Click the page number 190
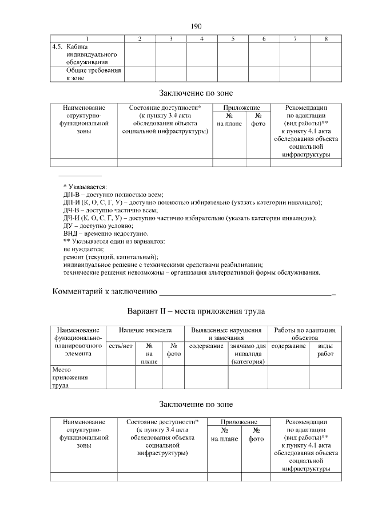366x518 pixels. (x=196, y=26)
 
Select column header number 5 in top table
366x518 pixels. (x=233, y=39)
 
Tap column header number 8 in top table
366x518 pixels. (x=325, y=39)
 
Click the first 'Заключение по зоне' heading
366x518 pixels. (x=196, y=93)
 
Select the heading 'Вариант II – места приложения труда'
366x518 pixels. (x=196, y=312)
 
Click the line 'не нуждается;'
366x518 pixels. (x=83, y=249)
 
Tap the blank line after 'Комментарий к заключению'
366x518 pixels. (x=246, y=292)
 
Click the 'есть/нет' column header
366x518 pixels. (x=121, y=346)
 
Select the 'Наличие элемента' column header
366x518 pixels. (x=145, y=331)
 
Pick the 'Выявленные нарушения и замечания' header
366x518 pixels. (x=226, y=334)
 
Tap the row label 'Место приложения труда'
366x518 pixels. (x=68, y=378)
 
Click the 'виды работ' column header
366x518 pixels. (x=325, y=350)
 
